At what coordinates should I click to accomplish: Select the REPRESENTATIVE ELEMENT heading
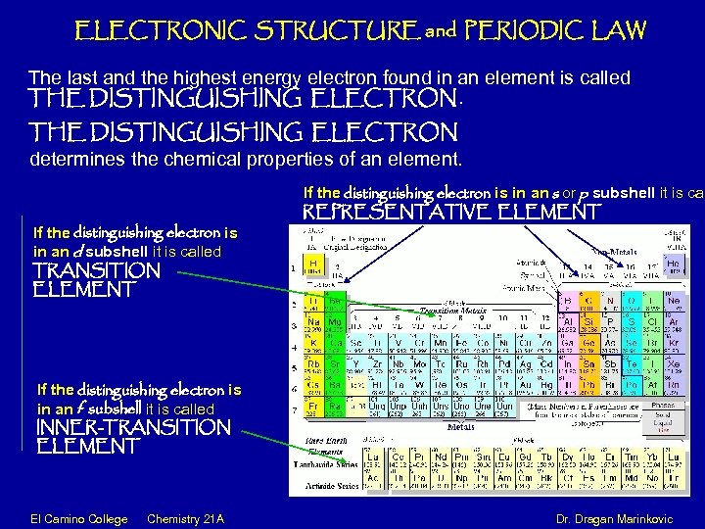[452, 211]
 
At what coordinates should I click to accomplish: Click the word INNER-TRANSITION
[132, 427]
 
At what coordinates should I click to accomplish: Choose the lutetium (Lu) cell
[373, 459]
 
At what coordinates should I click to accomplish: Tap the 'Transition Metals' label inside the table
[446, 311]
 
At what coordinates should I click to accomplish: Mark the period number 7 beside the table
[296, 409]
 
